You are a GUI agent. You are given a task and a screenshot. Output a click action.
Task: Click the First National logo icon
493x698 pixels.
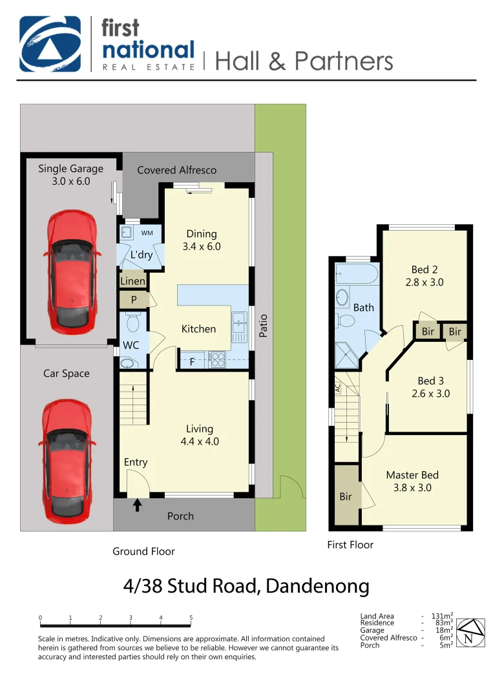(50, 43)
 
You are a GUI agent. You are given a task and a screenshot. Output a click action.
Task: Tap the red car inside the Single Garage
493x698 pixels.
(72, 270)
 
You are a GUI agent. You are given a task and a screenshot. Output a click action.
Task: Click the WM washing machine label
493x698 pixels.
(147, 233)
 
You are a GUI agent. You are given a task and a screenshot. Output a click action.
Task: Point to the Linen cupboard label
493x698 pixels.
(133, 281)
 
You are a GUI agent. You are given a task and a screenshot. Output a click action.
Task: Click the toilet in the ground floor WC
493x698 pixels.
(134, 322)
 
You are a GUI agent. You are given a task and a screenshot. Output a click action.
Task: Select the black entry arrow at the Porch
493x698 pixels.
(137, 504)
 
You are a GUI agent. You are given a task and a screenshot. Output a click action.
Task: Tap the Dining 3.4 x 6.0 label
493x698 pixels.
(202, 240)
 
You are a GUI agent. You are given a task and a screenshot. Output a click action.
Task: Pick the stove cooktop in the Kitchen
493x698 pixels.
(217, 359)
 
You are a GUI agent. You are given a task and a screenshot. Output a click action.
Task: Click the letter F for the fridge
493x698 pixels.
(192, 363)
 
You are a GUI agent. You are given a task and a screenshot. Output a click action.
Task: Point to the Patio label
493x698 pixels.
(262, 324)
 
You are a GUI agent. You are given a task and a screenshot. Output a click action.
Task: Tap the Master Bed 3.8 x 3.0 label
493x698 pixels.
(412, 481)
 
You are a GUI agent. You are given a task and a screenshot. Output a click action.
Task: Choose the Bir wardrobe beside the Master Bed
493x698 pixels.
(346, 496)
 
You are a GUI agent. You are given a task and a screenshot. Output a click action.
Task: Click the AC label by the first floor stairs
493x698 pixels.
(337, 388)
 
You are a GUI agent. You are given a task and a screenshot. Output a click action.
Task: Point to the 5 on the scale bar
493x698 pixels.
(191, 618)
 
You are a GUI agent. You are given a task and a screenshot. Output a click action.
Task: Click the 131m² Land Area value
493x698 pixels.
(442, 616)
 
